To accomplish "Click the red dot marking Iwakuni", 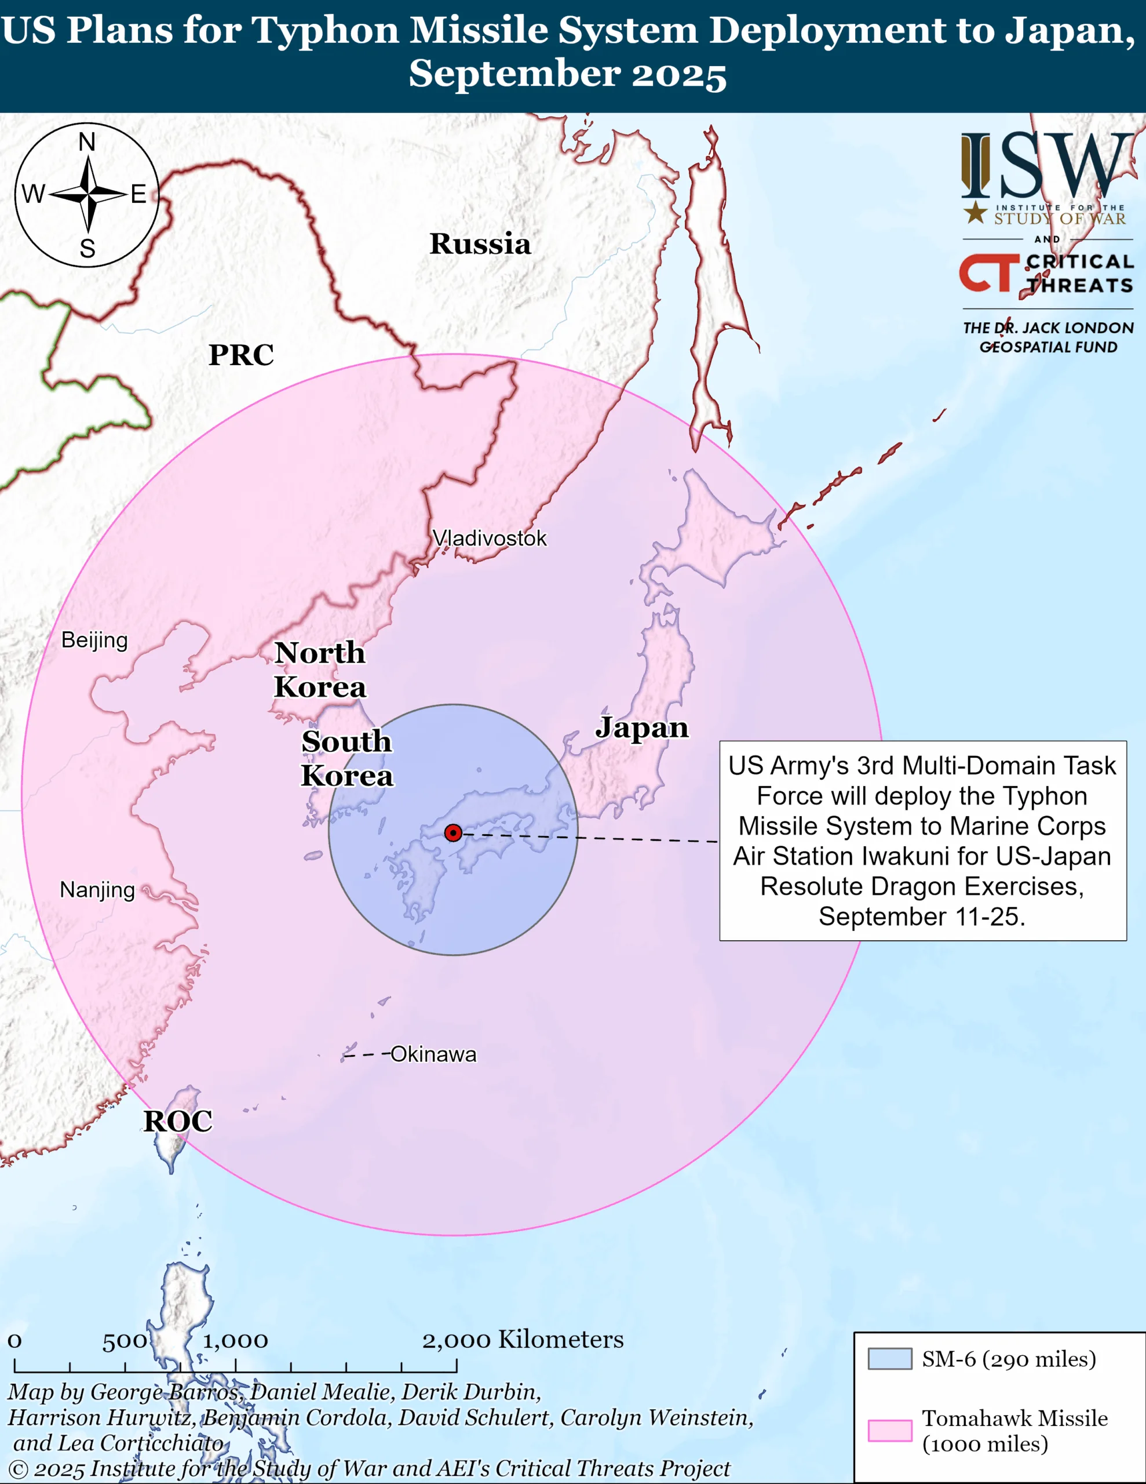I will coord(453,833).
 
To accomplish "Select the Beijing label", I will coord(94,640).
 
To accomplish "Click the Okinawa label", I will coord(433,1054).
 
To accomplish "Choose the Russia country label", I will coord(480,244).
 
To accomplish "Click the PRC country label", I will coord(241,355).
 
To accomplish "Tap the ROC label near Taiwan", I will coord(178,1121).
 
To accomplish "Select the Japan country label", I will coord(642,728).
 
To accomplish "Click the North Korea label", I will coord(320,670).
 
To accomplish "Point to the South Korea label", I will coord(347,758).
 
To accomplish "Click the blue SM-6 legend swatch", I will coord(889,1359).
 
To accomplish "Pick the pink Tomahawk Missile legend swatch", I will coord(889,1430).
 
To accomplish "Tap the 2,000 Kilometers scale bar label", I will coord(523,1339).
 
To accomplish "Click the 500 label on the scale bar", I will coord(125,1341).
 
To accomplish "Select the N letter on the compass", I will coord(87,142).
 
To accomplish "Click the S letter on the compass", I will coord(87,249).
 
